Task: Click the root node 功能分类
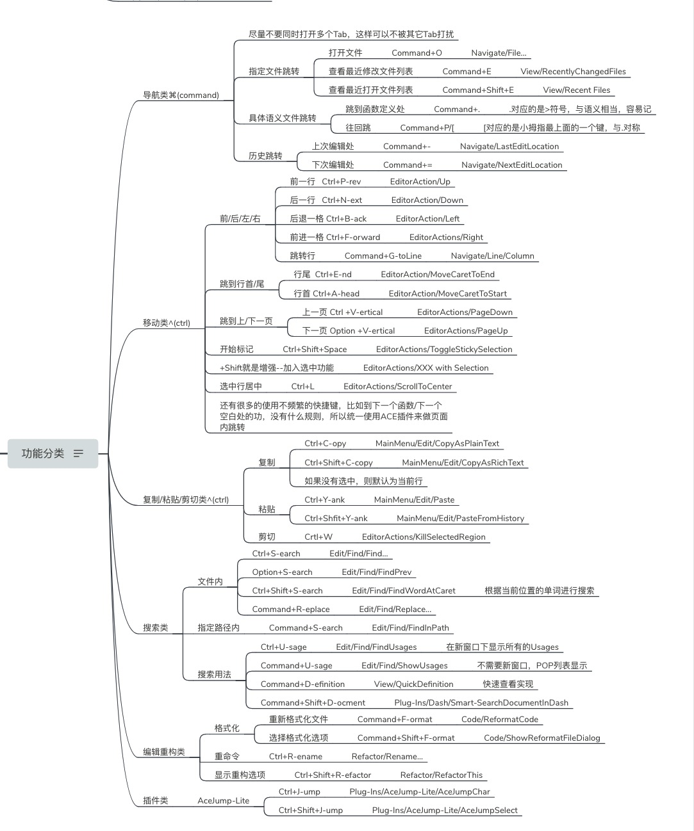point(43,453)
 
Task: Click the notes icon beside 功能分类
point(79,453)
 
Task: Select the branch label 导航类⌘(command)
point(181,95)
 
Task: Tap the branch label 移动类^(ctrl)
point(166,323)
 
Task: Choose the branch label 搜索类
point(155,628)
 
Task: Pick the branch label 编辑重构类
point(163,752)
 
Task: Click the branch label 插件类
point(155,801)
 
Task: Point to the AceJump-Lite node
point(223,801)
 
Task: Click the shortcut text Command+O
point(417,53)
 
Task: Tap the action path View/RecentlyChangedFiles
point(573,72)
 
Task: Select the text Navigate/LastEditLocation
point(509,147)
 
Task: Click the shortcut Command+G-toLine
point(383,256)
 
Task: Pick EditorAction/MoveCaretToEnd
point(438,275)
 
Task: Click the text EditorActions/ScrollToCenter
point(397,387)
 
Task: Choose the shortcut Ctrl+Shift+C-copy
point(338,463)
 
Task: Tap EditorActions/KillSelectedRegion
point(424,537)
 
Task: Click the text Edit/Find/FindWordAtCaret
point(403,591)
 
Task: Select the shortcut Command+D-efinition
point(302,684)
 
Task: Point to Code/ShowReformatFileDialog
point(542,738)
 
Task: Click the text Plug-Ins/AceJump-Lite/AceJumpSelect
point(445,811)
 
